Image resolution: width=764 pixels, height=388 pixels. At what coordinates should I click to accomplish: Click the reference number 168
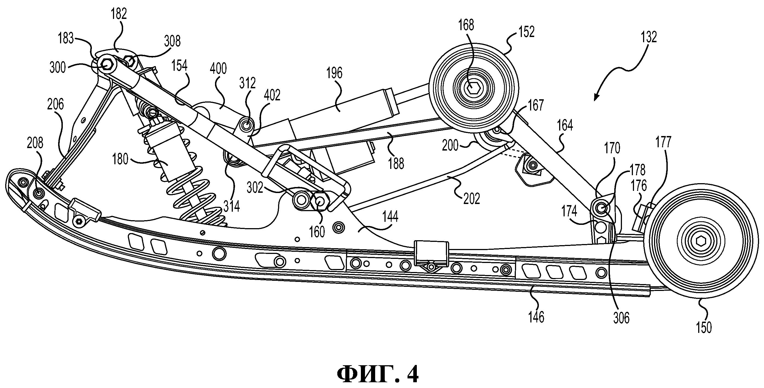[466, 26]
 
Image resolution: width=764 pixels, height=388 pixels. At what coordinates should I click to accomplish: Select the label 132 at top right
[649, 37]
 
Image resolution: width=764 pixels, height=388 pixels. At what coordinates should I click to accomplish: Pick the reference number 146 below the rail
[536, 317]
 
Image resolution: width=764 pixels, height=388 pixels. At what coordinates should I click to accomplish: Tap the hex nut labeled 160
[321, 201]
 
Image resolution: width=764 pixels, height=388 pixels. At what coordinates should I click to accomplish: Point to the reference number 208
[35, 143]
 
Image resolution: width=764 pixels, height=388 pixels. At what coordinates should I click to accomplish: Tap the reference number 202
[472, 199]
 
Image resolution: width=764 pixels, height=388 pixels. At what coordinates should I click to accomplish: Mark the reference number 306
[621, 318]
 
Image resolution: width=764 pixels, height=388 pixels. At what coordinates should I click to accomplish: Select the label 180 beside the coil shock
[120, 160]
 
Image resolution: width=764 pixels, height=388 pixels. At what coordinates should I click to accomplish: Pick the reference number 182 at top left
[119, 14]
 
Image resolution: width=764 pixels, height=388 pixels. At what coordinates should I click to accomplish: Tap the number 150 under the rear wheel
[704, 328]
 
